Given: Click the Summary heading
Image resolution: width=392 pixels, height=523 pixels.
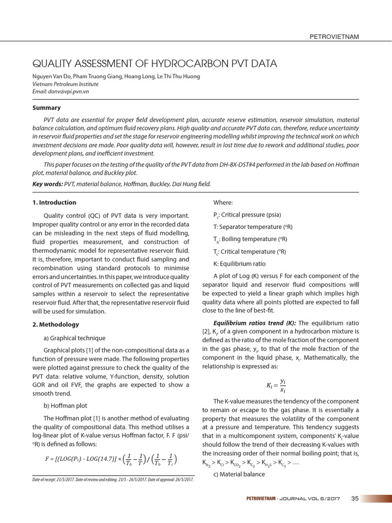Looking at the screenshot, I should [x=46, y=108].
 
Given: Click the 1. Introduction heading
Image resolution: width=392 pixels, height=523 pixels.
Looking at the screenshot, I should [x=54, y=202].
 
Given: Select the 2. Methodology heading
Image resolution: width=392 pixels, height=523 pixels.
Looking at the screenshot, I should [x=55, y=324].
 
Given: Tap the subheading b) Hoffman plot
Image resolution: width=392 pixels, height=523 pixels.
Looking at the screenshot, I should [x=66, y=406].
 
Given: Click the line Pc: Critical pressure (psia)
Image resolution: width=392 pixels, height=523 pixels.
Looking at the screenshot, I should [x=247, y=214].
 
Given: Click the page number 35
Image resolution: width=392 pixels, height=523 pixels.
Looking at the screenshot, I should [x=355, y=498].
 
